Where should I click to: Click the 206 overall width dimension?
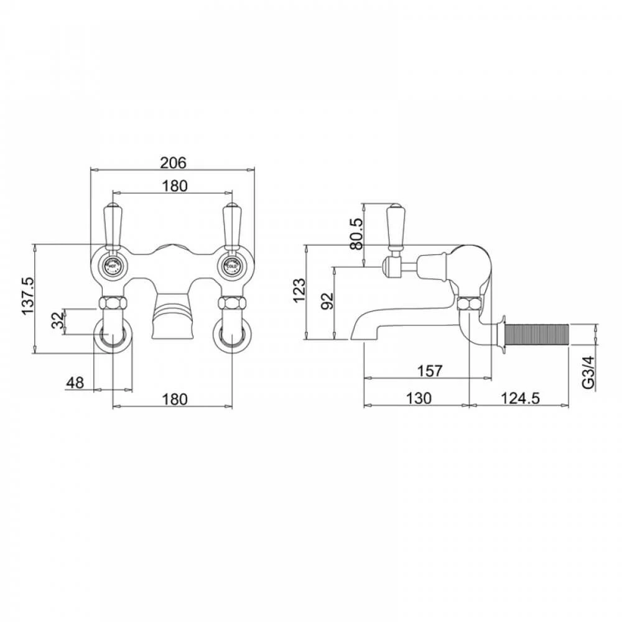click(174, 162)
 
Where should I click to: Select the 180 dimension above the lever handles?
click(174, 186)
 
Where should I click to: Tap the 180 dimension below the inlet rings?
click(174, 399)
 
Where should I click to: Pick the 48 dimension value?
click(75, 383)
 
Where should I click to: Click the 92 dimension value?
click(328, 300)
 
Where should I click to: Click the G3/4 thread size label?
click(588, 372)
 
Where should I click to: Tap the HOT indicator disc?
click(113, 266)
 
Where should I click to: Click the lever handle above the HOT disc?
click(113, 225)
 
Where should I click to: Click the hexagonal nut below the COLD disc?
click(231, 304)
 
